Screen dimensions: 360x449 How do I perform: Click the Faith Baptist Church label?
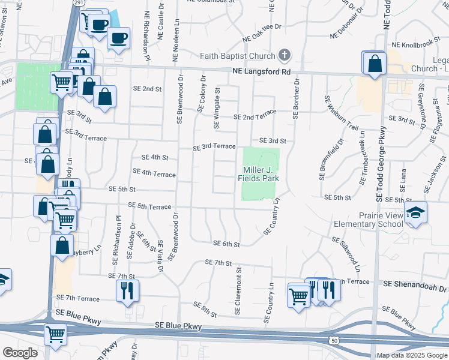(x=237, y=56)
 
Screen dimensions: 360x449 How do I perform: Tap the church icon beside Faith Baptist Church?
(x=285, y=56)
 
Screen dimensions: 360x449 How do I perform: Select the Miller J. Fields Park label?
(x=259, y=175)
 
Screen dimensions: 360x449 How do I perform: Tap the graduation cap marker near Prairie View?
(x=415, y=213)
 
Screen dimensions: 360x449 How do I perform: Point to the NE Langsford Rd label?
(x=261, y=72)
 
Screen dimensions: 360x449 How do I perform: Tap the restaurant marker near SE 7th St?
(x=127, y=290)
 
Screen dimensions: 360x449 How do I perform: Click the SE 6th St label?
(x=228, y=244)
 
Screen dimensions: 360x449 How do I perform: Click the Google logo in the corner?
(x=19, y=353)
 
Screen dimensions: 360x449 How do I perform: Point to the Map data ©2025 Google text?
(x=412, y=355)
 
